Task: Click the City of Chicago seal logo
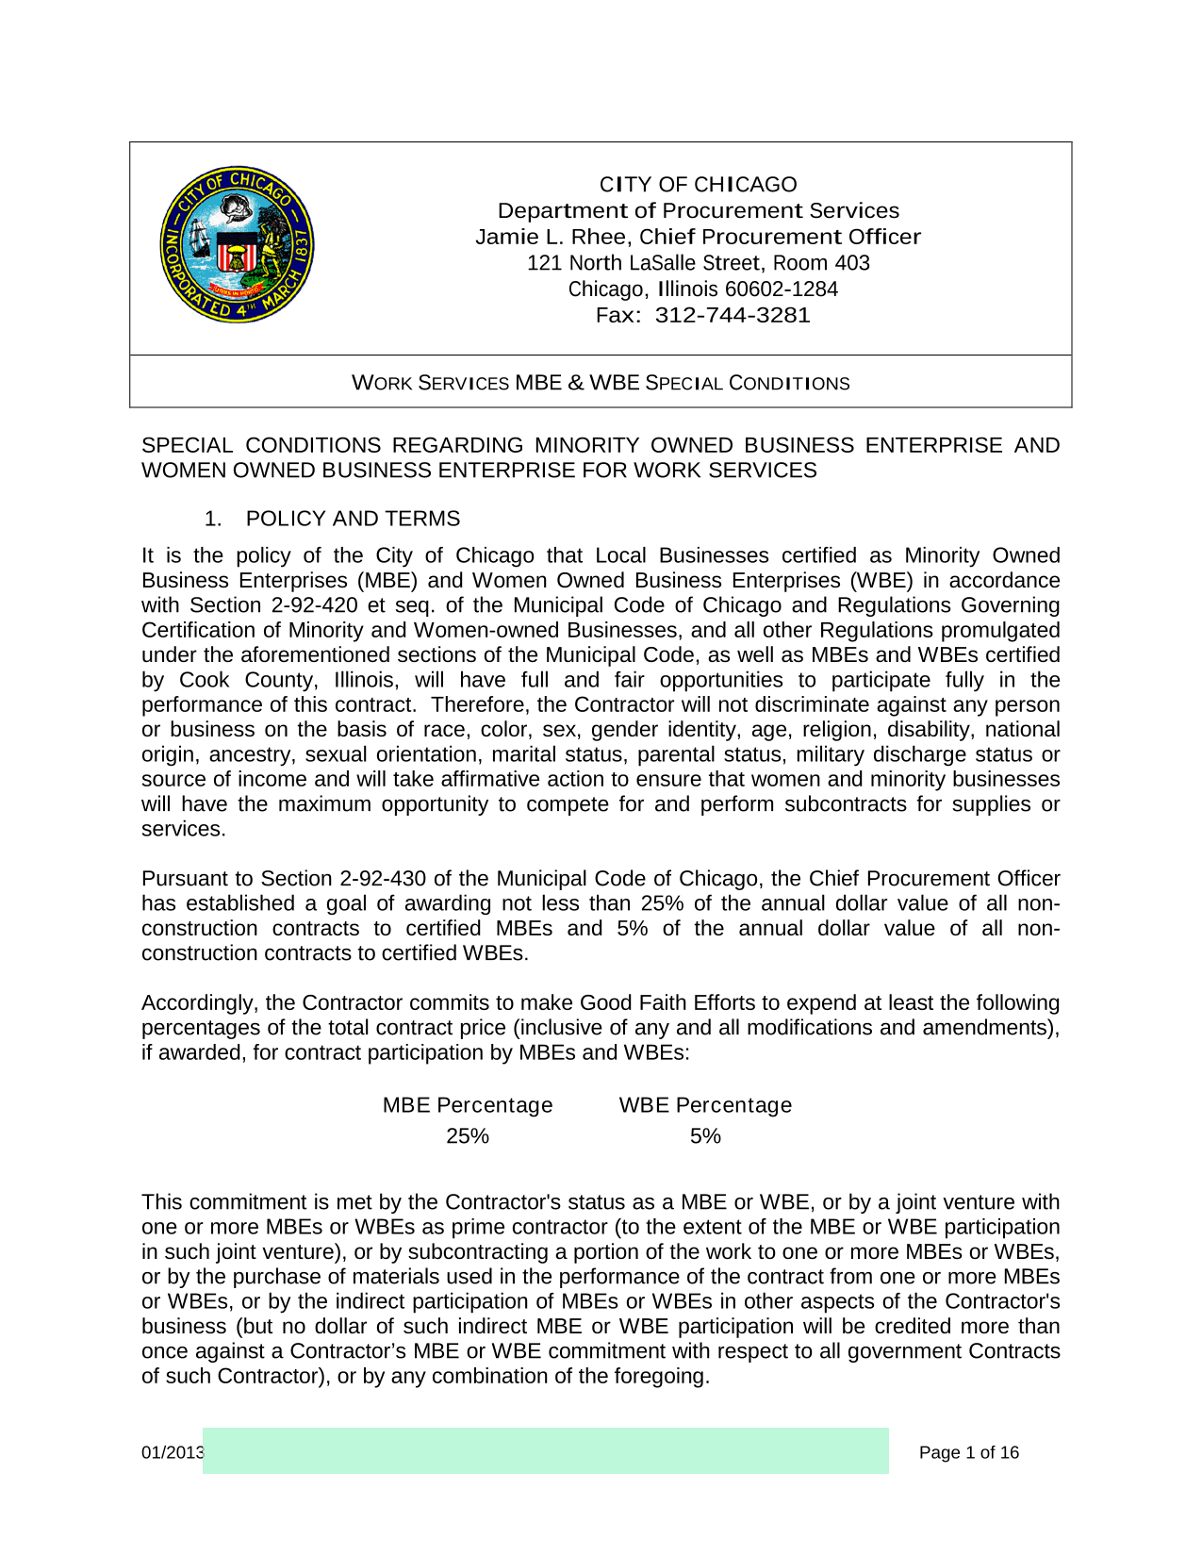point(237,246)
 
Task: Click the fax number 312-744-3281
point(733,315)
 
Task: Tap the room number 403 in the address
point(852,263)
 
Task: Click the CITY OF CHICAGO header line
point(698,185)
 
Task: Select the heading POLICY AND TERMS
point(353,519)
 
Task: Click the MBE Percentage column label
point(468,1105)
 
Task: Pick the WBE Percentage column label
point(705,1105)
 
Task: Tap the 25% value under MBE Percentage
point(468,1136)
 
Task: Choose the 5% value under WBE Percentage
point(705,1136)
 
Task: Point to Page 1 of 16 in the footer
point(969,1452)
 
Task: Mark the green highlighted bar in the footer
point(545,1450)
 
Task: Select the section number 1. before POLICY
point(213,519)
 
